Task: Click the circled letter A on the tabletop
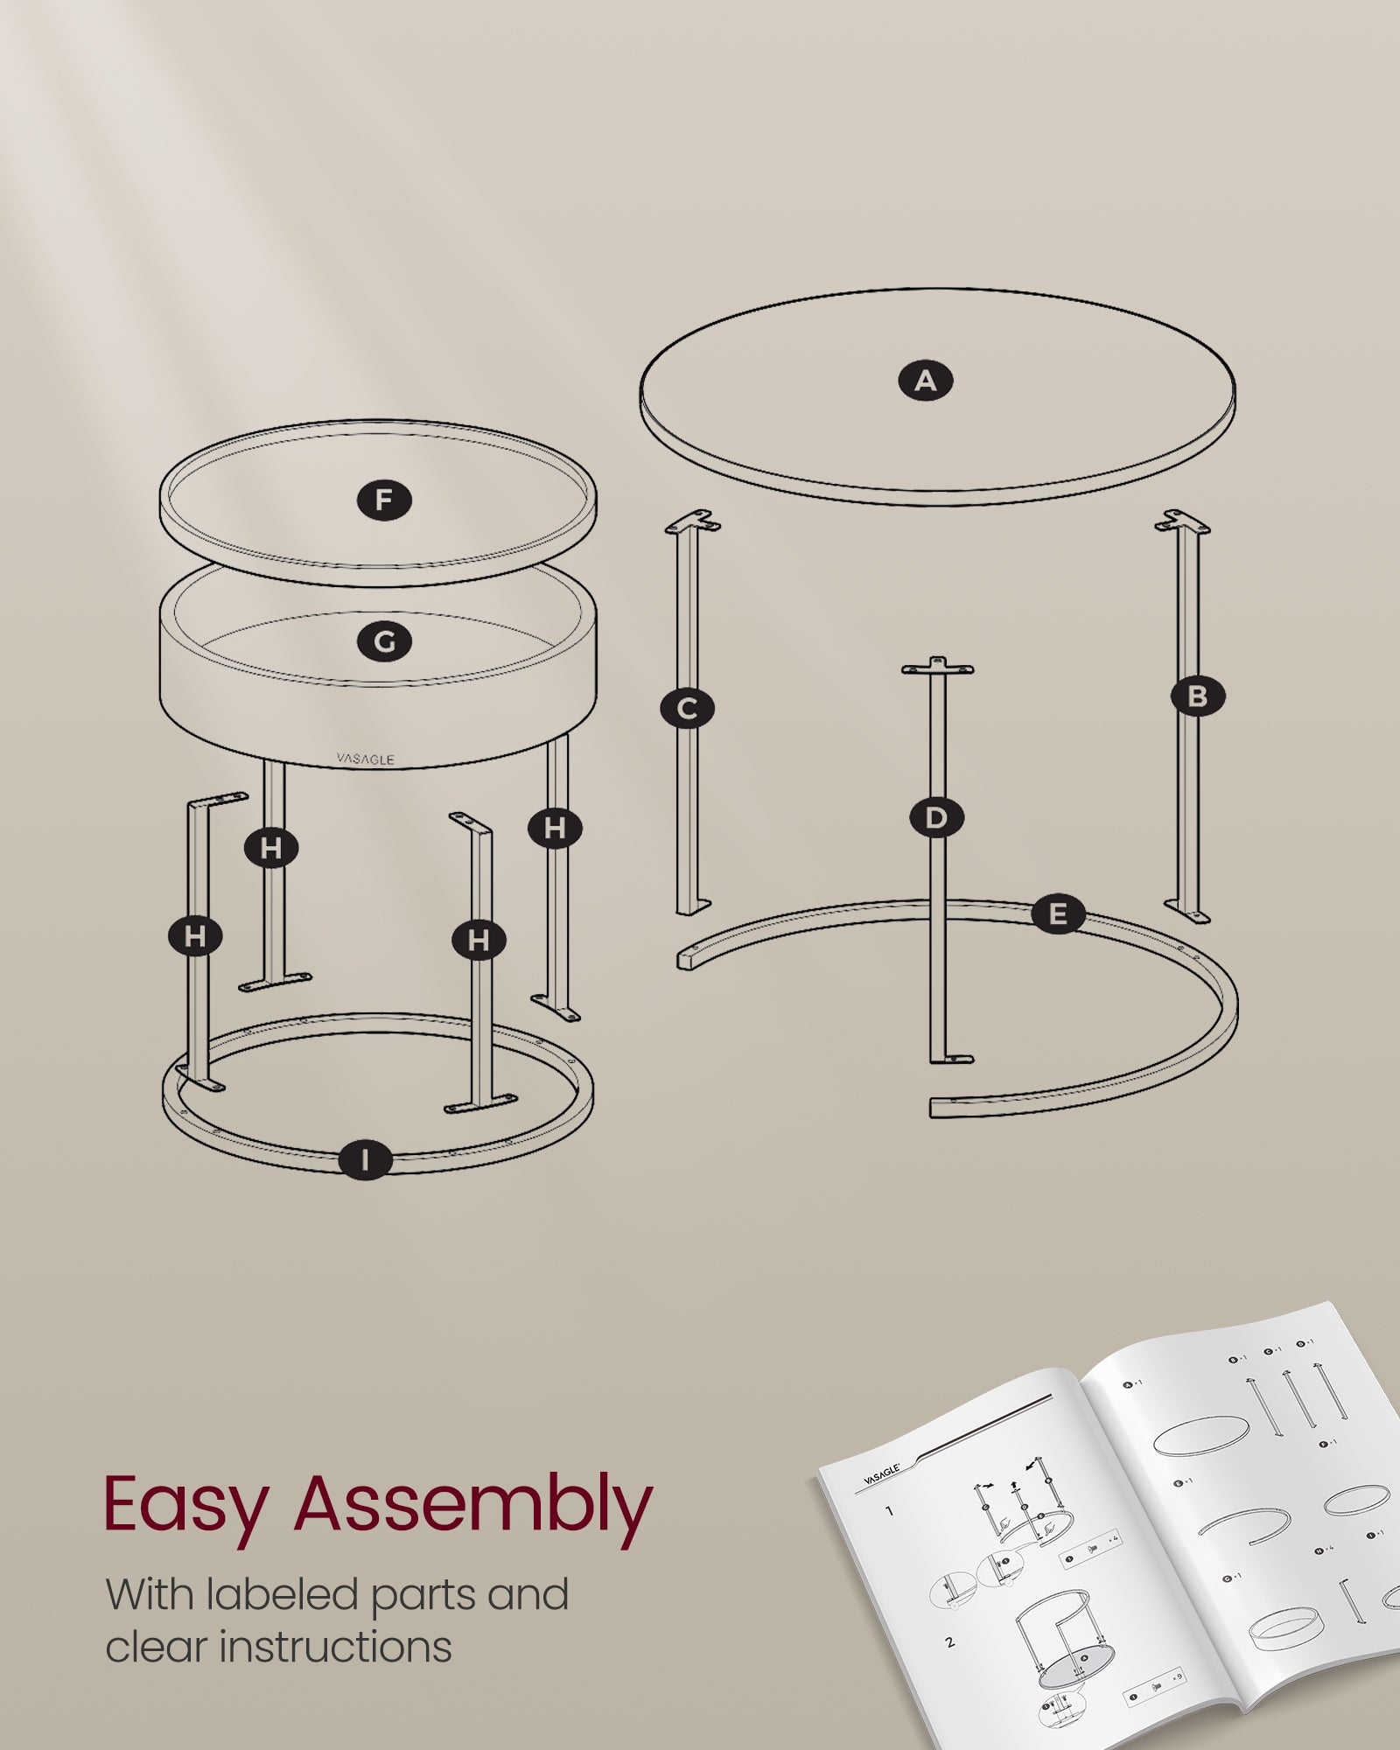[x=926, y=381]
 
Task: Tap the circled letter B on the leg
[x=1198, y=696]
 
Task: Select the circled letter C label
[x=687, y=708]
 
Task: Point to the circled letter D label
[x=936, y=818]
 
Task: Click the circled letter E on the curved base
[x=1058, y=915]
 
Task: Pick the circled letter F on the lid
[x=384, y=500]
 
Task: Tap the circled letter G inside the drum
[x=384, y=642]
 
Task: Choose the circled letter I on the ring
[x=365, y=1160]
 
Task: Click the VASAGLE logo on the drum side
[x=366, y=759]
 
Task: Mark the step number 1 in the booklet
[x=889, y=1511]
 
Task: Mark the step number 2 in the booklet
[x=950, y=1642]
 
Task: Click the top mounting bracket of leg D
[x=938, y=668]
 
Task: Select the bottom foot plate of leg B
[x=1188, y=913]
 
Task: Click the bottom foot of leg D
[x=950, y=1059]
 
